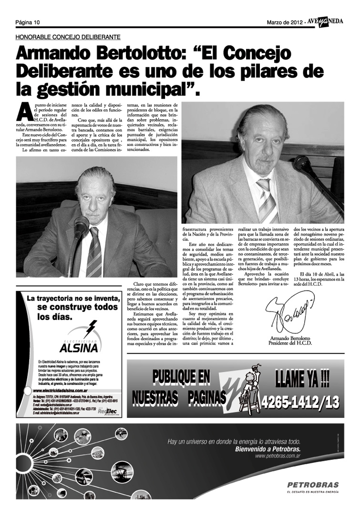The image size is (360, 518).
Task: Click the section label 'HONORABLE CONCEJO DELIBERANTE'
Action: (68, 37)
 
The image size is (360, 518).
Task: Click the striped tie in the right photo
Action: (267, 200)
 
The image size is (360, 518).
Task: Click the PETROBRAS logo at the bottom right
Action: (313, 484)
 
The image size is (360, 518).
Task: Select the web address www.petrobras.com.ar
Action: (278, 456)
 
